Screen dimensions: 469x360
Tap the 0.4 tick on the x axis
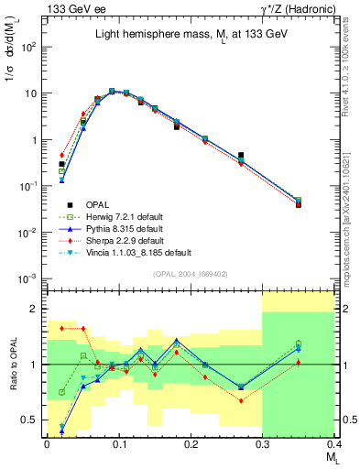pyautogui.click(x=333, y=443)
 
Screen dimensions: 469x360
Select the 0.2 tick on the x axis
pyautogui.click(x=191, y=443)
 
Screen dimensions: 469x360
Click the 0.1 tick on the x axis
pyautogui.click(x=118, y=443)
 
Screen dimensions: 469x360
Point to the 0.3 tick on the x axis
pyautogui.click(x=262, y=443)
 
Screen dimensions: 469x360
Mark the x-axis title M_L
pyautogui.click(x=325, y=457)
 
